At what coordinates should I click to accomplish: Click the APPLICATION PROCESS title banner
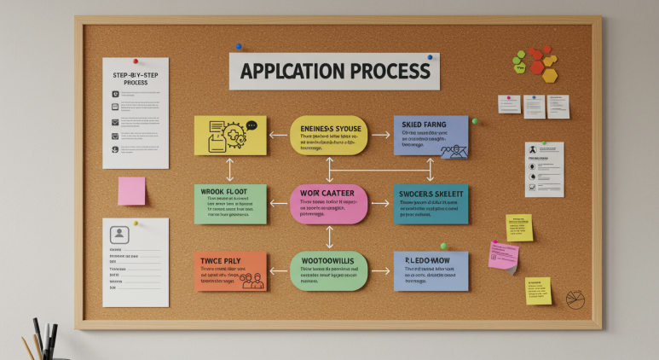point(334,71)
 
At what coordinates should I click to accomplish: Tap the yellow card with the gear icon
point(229,136)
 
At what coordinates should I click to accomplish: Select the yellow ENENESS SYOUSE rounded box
point(328,136)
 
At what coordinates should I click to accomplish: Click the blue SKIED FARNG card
point(431,136)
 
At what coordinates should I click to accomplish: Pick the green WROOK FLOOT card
point(229,204)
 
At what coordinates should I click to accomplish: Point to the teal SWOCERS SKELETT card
point(431,204)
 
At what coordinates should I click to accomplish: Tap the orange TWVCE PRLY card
point(229,271)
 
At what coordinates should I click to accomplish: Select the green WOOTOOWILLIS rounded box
point(328,271)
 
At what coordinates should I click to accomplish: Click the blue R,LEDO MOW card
point(431,271)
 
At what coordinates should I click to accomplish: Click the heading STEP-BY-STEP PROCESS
point(136,78)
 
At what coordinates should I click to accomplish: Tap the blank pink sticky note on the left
point(131,191)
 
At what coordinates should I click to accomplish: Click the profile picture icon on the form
point(120,233)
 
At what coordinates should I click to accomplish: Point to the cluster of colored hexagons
point(535,63)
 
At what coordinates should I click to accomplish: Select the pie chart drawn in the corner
point(575,299)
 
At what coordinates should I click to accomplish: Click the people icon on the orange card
point(251,279)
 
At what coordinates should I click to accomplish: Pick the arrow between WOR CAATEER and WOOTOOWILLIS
point(328,238)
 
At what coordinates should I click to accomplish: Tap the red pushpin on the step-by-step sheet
point(135,61)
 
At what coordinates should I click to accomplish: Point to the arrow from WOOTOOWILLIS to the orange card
point(278,271)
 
